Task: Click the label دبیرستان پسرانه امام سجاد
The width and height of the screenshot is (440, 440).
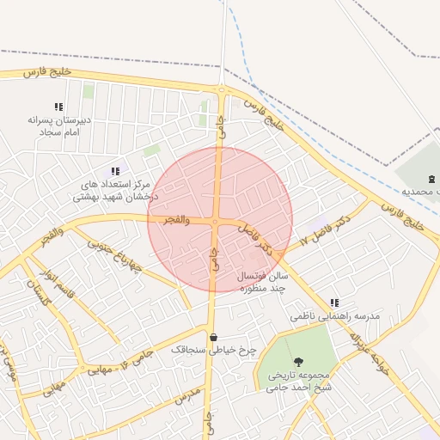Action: click(x=59, y=126)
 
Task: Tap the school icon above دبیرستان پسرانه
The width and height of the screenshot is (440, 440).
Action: click(x=58, y=107)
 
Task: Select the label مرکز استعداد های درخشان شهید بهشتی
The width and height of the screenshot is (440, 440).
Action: click(x=115, y=191)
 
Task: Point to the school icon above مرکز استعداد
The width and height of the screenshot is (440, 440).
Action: click(x=115, y=172)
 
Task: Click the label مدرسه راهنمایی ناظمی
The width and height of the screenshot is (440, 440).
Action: click(x=320, y=316)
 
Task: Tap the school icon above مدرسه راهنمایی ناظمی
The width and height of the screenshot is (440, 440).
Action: click(x=333, y=303)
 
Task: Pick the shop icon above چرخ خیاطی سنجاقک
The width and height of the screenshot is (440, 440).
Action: click(x=212, y=336)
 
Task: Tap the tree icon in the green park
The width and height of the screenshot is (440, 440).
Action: click(x=298, y=363)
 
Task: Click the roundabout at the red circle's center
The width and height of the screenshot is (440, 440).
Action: click(x=220, y=220)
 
